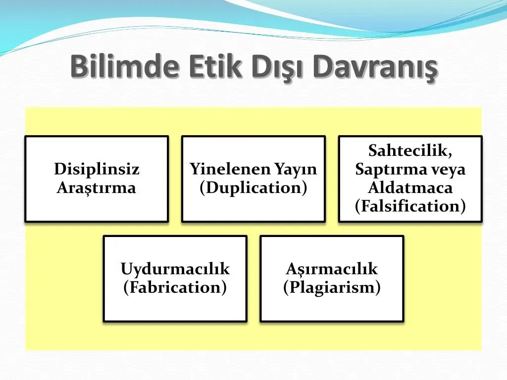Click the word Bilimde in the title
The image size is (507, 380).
(124, 66)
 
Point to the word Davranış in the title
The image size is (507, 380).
(375, 68)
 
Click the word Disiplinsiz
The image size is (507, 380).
(97, 169)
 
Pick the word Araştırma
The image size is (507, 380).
(97, 188)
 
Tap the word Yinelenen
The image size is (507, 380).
(230, 169)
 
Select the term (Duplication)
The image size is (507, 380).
(253, 188)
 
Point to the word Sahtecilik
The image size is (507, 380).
(410, 150)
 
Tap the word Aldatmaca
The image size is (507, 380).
(410, 188)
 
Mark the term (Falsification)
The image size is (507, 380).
(410, 206)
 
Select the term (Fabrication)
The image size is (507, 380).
(175, 287)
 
